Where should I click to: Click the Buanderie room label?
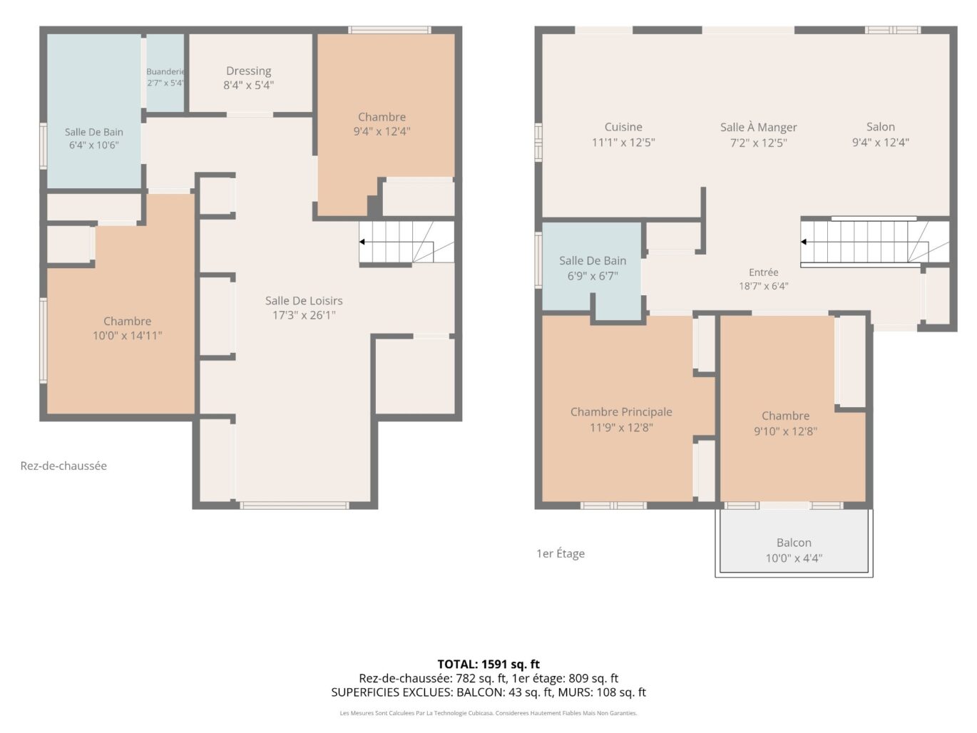165,71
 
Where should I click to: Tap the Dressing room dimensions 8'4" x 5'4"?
248,85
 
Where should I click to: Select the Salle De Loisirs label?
304,300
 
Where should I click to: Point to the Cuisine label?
623,127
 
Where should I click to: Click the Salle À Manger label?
759,128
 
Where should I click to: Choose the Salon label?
881,127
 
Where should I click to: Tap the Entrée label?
763,272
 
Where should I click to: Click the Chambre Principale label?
621,411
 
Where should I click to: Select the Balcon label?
794,543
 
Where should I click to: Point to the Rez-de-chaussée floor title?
63,466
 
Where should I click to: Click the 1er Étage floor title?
561,553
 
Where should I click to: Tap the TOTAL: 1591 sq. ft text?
488,664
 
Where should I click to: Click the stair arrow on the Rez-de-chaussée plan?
396,242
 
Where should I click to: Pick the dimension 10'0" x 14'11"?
128,336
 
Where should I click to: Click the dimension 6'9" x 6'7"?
593,276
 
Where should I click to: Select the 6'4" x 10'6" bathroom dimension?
94,145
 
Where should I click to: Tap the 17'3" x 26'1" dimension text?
304,315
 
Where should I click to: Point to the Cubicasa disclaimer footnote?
488,713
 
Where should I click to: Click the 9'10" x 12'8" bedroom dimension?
785,431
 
